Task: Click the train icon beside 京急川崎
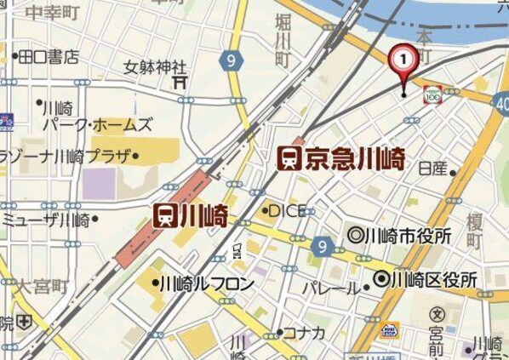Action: [291, 157]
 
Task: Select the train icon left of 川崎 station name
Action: [165, 216]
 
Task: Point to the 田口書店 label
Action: [49, 57]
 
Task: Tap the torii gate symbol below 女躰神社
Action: [180, 82]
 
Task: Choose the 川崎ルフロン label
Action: [206, 283]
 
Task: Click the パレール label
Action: [330, 289]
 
